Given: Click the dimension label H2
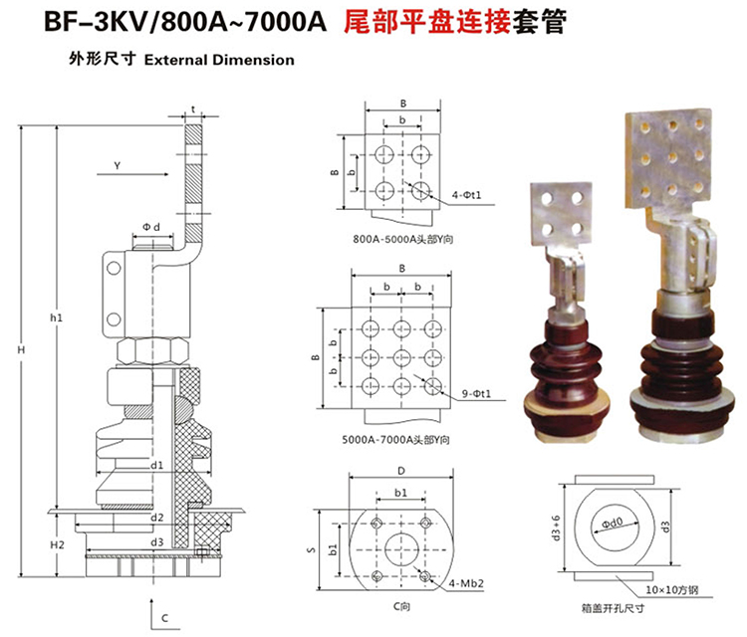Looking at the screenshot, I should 57,544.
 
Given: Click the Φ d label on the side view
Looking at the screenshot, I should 150,228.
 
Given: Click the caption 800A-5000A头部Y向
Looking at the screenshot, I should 401,239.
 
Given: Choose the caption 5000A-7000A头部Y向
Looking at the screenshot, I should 401,439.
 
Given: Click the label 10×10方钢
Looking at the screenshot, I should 674,589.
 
